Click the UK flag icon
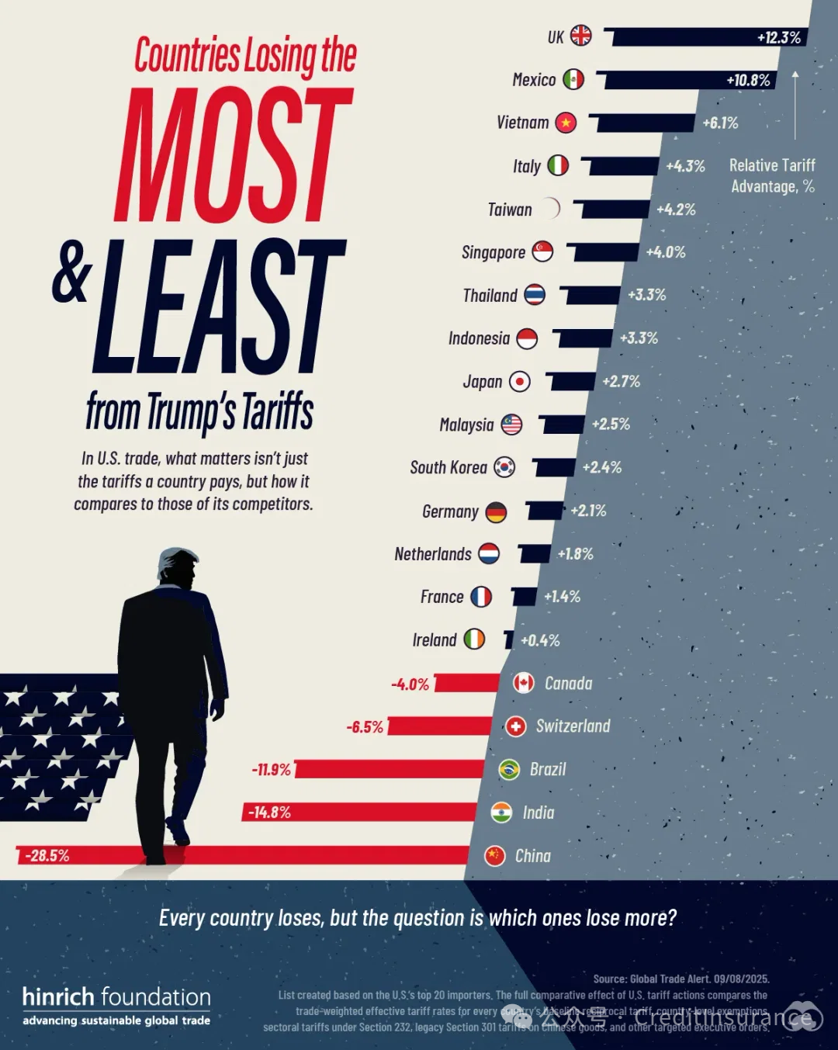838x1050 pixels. point(581,36)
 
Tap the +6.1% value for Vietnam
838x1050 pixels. point(720,123)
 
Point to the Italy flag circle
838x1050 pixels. point(558,165)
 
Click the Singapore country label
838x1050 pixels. point(493,252)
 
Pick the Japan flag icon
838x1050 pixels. point(520,382)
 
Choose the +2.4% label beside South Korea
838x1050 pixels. point(602,467)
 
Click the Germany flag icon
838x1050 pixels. point(497,512)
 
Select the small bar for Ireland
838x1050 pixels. point(509,639)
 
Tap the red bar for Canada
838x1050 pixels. point(468,683)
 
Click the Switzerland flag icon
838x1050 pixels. point(516,726)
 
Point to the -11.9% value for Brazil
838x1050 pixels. point(271,770)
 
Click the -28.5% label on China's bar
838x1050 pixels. point(47,856)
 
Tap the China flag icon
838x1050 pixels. point(495,855)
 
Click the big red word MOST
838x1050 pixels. point(233,155)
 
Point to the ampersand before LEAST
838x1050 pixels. point(72,272)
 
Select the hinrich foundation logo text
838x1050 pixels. point(116,997)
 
